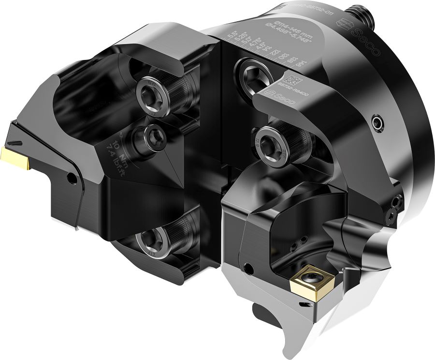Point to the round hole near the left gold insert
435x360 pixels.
pyautogui.click(x=72, y=179)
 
